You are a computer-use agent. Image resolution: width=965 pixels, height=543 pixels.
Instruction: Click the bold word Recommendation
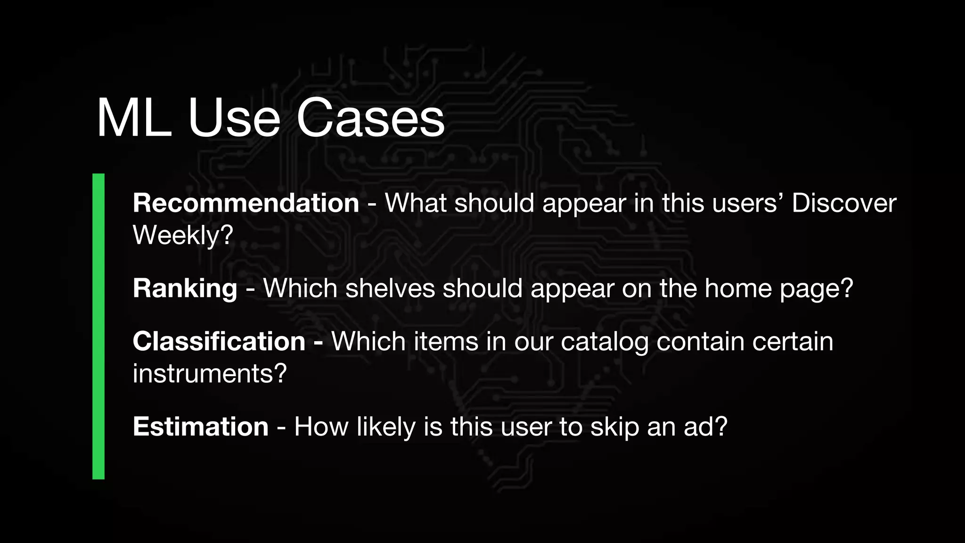pyautogui.click(x=246, y=203)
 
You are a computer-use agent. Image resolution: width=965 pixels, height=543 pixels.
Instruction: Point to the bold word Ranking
pyautogui.click(x=185, y=288)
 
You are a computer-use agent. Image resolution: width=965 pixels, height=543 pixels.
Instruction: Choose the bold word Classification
pyautogui.click(x=219, y=341)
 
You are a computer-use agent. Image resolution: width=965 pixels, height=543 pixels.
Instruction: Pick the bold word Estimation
pyautogui.click(x=201, y=427)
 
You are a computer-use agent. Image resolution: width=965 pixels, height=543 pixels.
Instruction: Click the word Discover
pyautogui.click(x=844, y=203)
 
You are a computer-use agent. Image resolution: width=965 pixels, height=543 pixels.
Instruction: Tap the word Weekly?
pyautogui.click(x=183, y=235)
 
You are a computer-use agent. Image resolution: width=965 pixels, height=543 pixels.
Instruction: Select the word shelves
pyautogui.click(x=390, y=288)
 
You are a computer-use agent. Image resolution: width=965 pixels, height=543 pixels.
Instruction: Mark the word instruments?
pyautogui.click(x=210, y=374)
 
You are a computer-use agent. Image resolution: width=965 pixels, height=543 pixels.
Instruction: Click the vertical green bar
pyautogui.click(x=98, y=326)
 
